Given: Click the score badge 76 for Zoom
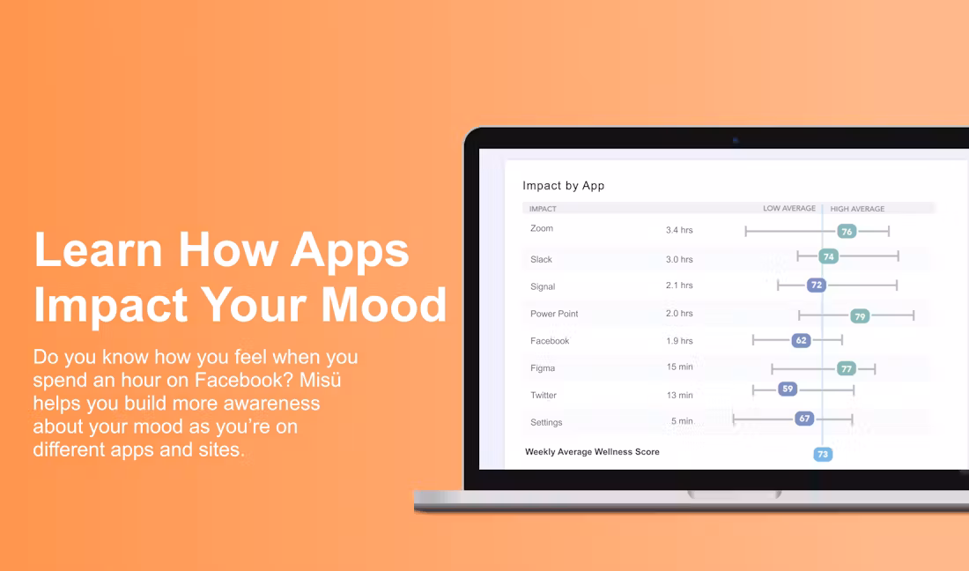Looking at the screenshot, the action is tap(847, 232).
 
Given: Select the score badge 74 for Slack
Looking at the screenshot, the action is tap(829, 256).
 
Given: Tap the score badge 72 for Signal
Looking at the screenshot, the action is tap(817, 285).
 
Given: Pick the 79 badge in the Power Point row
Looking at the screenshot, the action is tap(860, 316).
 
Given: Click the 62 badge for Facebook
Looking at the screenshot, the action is tap(801, 340).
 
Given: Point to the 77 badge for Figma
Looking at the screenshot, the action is tap(846, 369).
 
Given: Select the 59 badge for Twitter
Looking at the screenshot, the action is tap(788, 389).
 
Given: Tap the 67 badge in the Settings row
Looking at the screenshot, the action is tap(804, 419).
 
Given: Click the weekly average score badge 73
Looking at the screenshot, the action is tap(823, 454).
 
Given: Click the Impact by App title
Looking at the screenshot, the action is tap(563, 185).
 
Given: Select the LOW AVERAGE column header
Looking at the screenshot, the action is tap(789, 208).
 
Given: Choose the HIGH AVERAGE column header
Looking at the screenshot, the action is tap(857, 209).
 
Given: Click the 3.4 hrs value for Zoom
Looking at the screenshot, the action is tap(679, 230).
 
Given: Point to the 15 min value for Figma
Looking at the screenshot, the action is tap(679, 367).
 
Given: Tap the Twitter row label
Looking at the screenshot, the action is tap(544, 395).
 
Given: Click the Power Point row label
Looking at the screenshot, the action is tap(554, 314).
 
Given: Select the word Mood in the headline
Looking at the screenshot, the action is tap(383, 305).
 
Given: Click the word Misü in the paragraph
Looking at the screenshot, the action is tap(320, 380).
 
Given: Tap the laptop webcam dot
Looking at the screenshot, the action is tap(736, 140).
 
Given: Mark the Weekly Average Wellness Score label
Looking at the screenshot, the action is tap(592, 452).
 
